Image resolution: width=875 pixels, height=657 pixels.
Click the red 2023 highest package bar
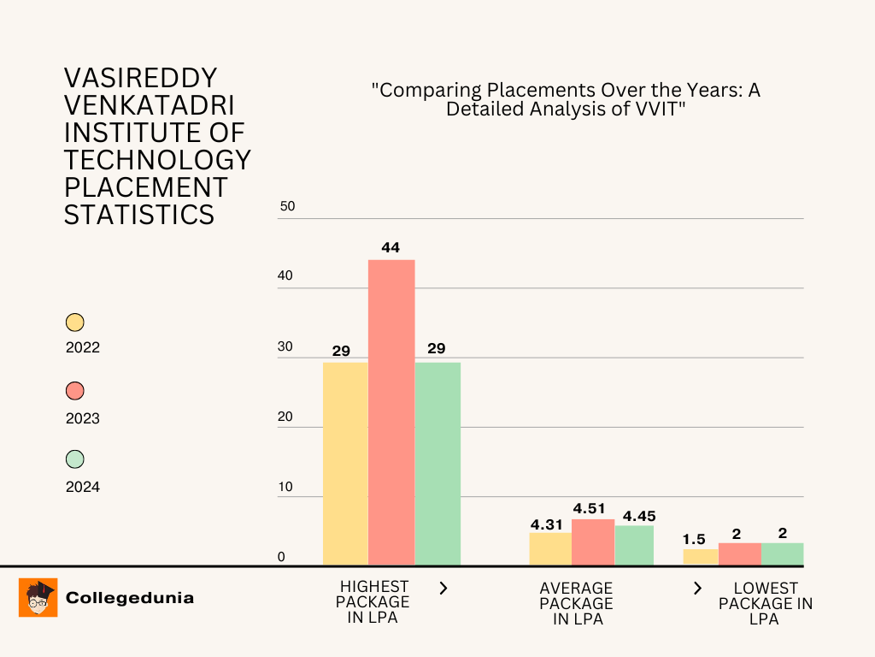coord(391,411)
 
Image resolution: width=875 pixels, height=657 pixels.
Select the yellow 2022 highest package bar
coord(345,463)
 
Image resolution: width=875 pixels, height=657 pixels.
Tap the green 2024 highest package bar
coord(437,463)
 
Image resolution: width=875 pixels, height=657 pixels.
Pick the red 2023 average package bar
coord(593,542)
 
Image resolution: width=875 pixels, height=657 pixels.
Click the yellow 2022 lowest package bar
coord(701,557)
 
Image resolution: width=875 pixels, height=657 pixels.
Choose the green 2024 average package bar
coord(634,545)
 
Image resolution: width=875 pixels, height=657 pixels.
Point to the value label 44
coord(391,247)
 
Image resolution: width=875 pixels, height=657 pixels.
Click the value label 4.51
coord(590,509)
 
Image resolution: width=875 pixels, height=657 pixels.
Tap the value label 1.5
coord(694,539)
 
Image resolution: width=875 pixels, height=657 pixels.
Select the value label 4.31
coord(546,524)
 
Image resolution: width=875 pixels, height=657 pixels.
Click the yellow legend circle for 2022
coord(75,323)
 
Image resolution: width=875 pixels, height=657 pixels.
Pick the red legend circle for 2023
coord(75,391)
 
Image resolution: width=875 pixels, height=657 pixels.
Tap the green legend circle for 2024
coord(75,459)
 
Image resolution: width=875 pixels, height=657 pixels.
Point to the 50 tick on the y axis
coord(287,206)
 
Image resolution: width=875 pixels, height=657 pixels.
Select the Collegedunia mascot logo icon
coord(38,597)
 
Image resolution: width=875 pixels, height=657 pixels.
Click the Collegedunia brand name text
coord(130,598)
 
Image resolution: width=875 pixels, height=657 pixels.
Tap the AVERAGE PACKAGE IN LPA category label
coord(577,603)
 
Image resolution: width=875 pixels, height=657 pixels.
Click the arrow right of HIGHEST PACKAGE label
coord(443,588)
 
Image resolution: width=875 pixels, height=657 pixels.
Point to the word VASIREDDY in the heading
coord(141,79)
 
